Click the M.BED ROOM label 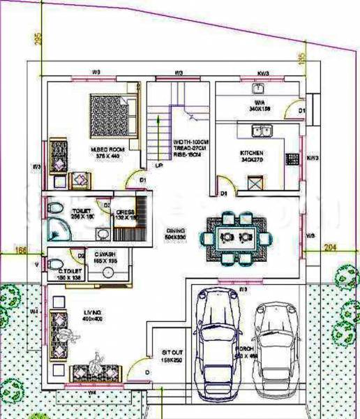109,151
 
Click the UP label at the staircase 158,166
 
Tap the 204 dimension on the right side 330,247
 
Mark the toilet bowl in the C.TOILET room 55,264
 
